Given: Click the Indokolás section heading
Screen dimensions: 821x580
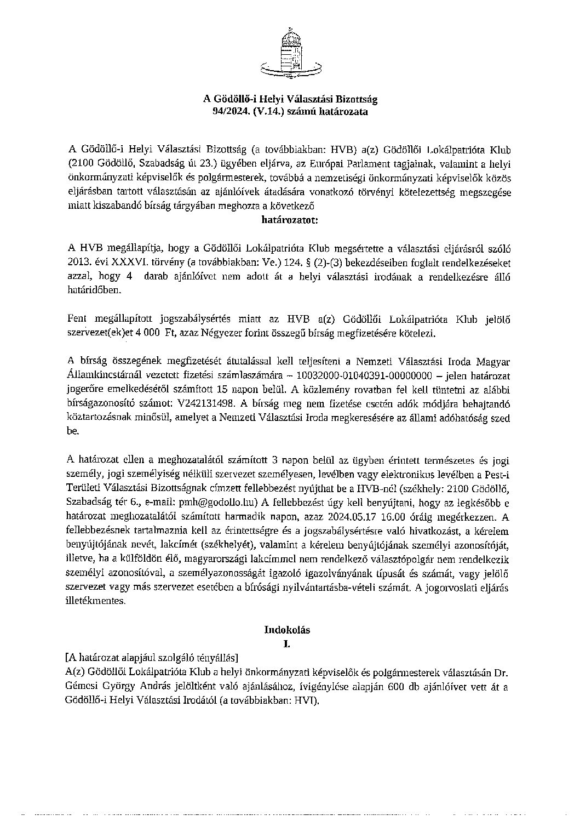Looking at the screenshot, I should tap(288, 630).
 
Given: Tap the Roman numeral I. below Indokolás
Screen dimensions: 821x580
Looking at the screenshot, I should tap(286, 644).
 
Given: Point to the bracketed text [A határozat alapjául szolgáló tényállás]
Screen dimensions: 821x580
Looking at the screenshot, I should tap(151, 657).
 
